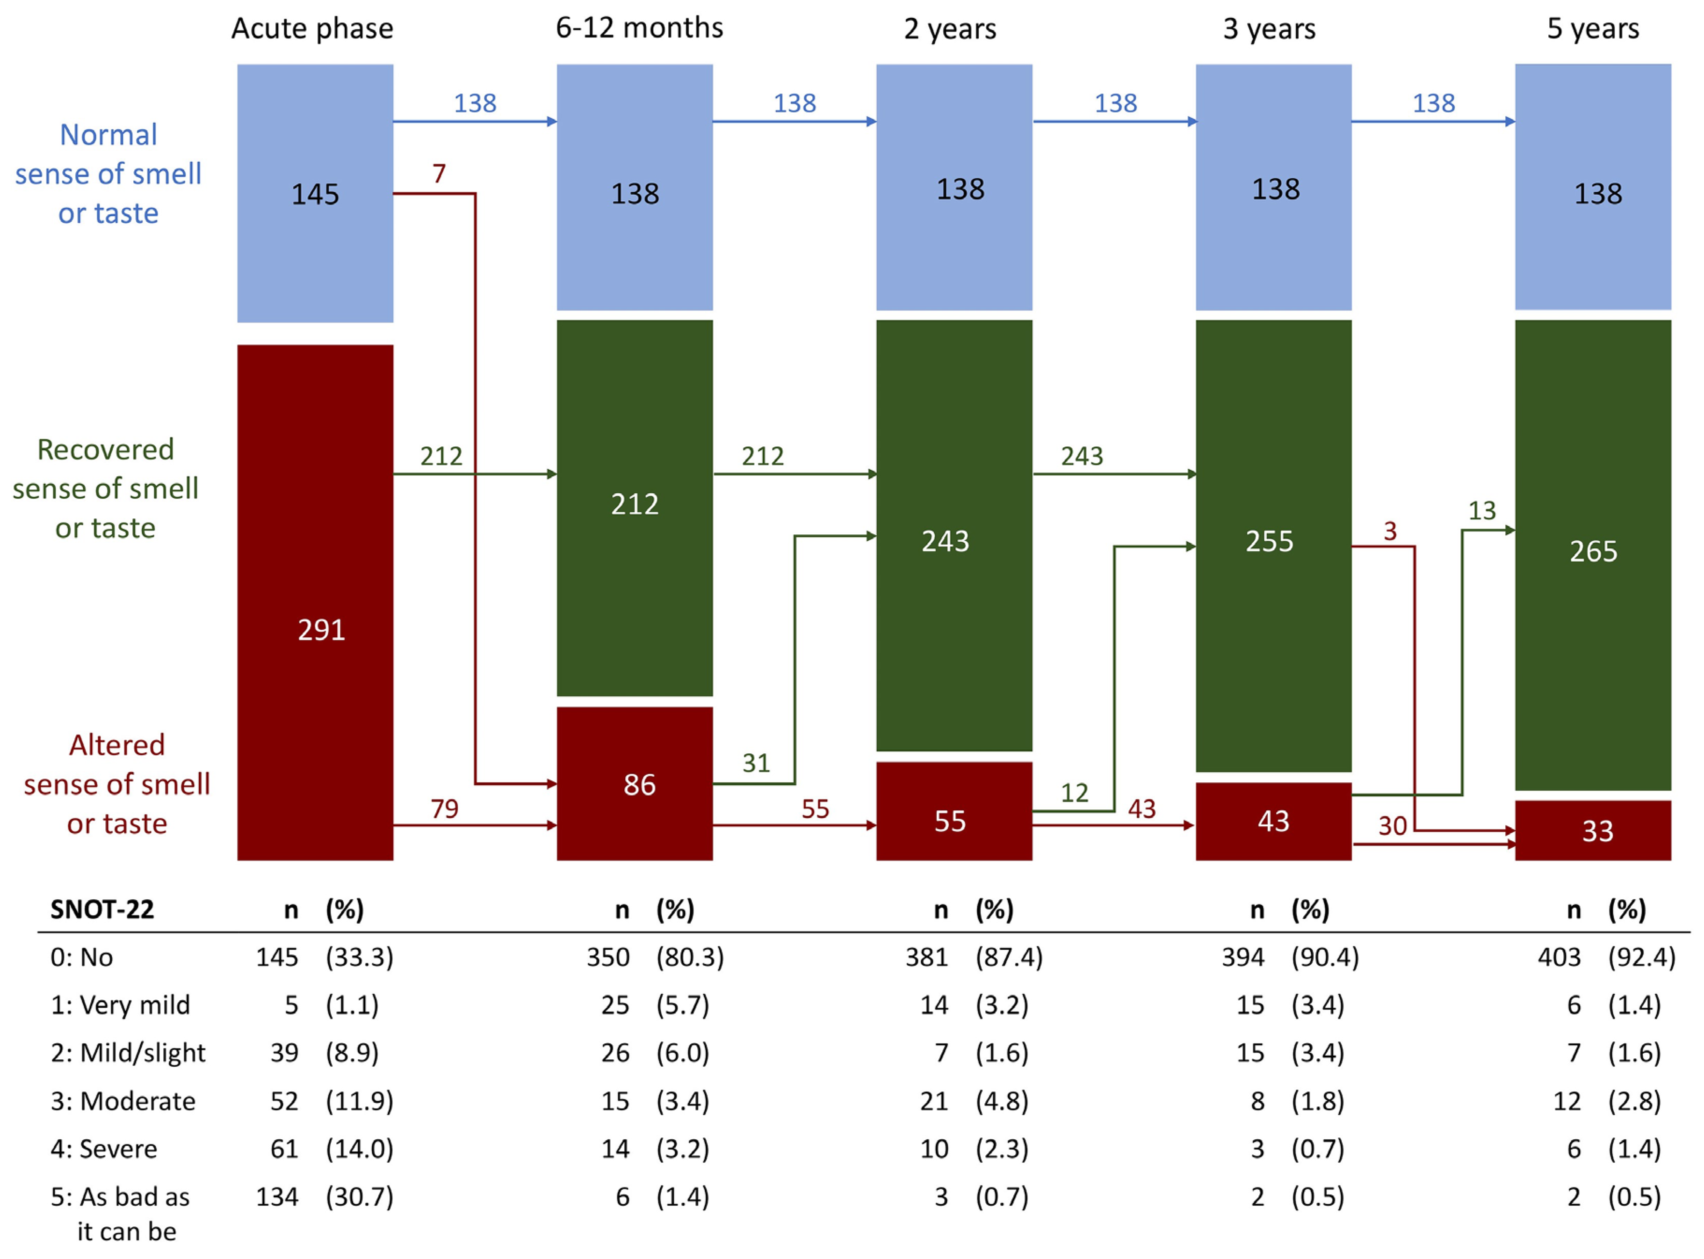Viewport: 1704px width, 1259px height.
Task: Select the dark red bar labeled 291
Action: click(x=315, y=602)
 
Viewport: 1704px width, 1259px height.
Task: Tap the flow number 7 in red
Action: click(x=439, y=174)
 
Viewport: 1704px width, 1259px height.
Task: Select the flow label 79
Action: click(x=444, y=808)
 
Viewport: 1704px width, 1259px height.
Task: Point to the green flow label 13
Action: click(x=1481, y=510)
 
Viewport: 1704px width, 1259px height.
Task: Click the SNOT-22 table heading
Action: click(x=102, y=909)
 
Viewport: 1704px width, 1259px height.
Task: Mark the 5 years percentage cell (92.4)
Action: click(x=1641, y=957)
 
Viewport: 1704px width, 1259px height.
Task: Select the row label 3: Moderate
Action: click(x=123, y=1101)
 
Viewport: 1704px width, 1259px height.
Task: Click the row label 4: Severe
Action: click(x=104, y=1149)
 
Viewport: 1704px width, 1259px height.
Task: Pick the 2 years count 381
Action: click(x=926, y=957)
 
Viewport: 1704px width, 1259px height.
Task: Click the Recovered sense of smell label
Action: click(x=106, y=488)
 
